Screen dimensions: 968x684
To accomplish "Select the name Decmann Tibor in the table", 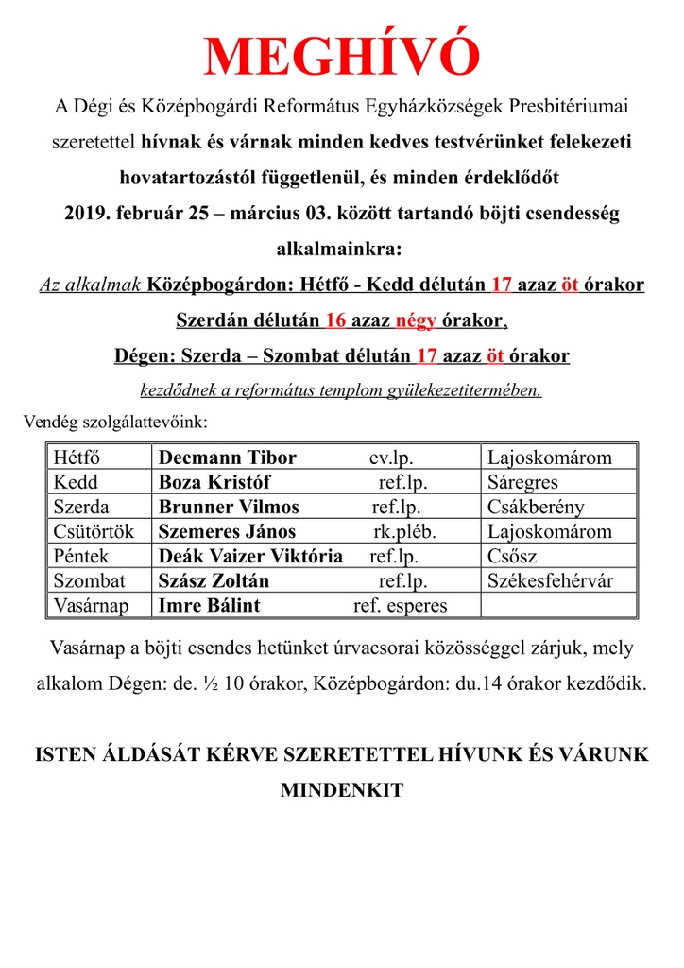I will (227, 458).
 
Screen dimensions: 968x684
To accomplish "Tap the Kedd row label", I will (77, 482).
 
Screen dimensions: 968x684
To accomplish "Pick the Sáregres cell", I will (523, 482).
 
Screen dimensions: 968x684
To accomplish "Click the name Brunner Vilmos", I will (229, 507).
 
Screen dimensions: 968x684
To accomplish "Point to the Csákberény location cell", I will (536, 507).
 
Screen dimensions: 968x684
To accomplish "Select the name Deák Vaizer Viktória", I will (250, 556).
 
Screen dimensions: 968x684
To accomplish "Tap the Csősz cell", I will (512, 556).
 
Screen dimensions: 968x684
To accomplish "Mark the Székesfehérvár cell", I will (550, 580).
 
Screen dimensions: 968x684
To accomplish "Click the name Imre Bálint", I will (209, 605).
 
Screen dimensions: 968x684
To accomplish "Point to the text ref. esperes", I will (400, 605).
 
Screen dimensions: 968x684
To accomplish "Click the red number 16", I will (335, 320).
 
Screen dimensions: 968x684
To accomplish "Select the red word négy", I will (415, 320).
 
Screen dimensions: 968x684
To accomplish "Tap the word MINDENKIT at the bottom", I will (342, 790).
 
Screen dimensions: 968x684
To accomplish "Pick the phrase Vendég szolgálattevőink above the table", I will (114, 421).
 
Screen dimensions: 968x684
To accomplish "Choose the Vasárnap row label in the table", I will (91, 605).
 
